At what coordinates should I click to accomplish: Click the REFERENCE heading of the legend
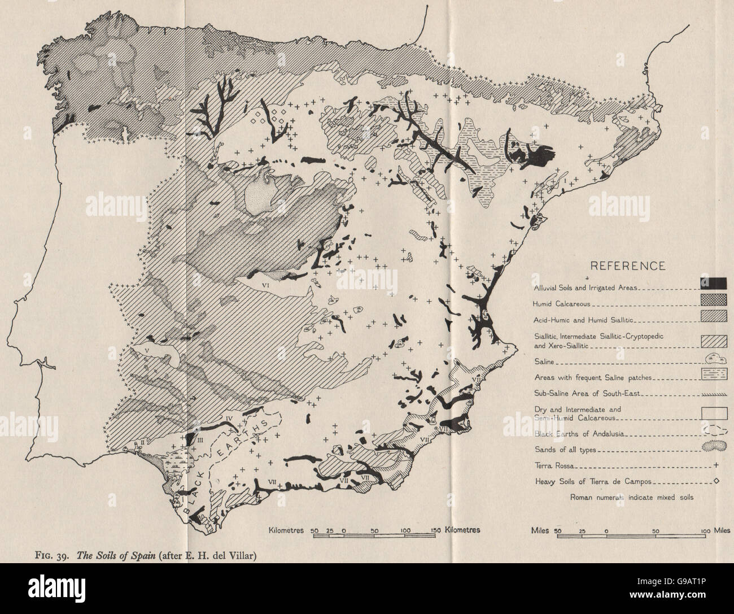click(627, 266)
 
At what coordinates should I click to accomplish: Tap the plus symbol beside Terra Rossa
click(716, 467)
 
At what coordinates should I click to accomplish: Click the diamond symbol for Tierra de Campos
click(716, 482)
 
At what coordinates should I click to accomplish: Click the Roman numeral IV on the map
click(230, 419)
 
